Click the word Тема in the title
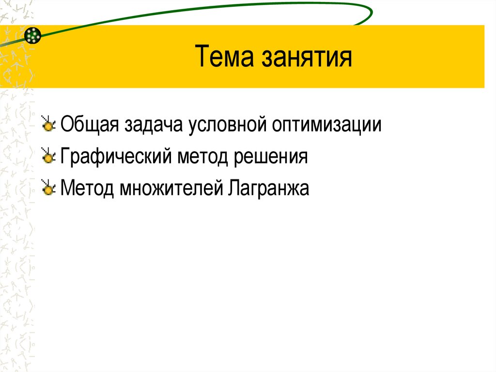click(x=224, y=57)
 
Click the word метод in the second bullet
click(x=203, y=157)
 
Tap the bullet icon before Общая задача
click(x=48, y=125)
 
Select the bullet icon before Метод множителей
click(x=48, y=188)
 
